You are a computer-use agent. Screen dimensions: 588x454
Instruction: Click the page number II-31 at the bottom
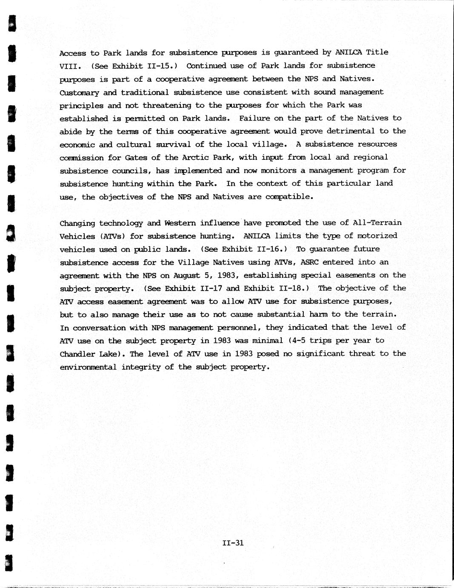click(x=233, y=543)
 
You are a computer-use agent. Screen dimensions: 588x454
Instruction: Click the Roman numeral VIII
click(x=68, y=66)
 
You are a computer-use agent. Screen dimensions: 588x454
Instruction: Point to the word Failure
click(x=254, y=118)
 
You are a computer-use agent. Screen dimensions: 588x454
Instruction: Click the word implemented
click(x=198, y=170)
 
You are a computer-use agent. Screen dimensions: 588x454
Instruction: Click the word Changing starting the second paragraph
click(x=77, y=223)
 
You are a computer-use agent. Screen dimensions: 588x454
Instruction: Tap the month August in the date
click(x=186, y=276)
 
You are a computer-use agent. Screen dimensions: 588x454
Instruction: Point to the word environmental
click(x=88, y=367)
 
